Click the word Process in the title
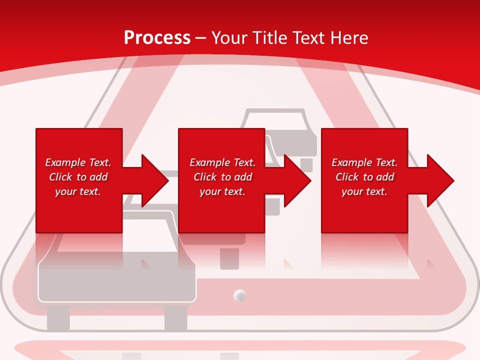157,38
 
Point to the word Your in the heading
230,38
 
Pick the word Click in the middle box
205,177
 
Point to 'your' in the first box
65,191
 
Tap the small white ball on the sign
240,295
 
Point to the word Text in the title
308,38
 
